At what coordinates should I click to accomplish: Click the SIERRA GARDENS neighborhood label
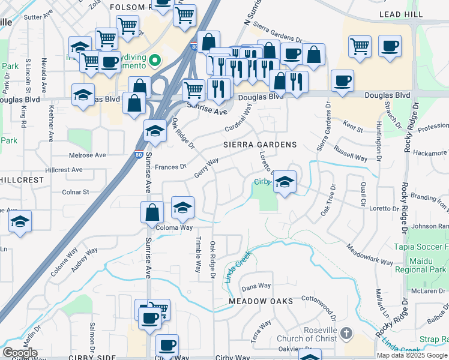[x=260, y=145]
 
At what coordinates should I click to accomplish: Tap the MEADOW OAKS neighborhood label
[x=261, y=301]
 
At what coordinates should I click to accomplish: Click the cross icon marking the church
[x=346, y=332]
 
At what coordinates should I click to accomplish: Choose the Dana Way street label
[x=256, y=286]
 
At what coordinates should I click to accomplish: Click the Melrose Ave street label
[x=88, y=155]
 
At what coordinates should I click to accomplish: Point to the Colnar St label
[x=75, y=192]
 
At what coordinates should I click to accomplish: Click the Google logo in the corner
[x=20, y=353]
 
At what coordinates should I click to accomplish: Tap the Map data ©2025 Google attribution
[x=412, y=355]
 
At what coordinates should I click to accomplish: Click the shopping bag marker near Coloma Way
[x=152, y=211]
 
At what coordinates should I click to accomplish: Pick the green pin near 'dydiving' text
[x=154, y=59]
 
